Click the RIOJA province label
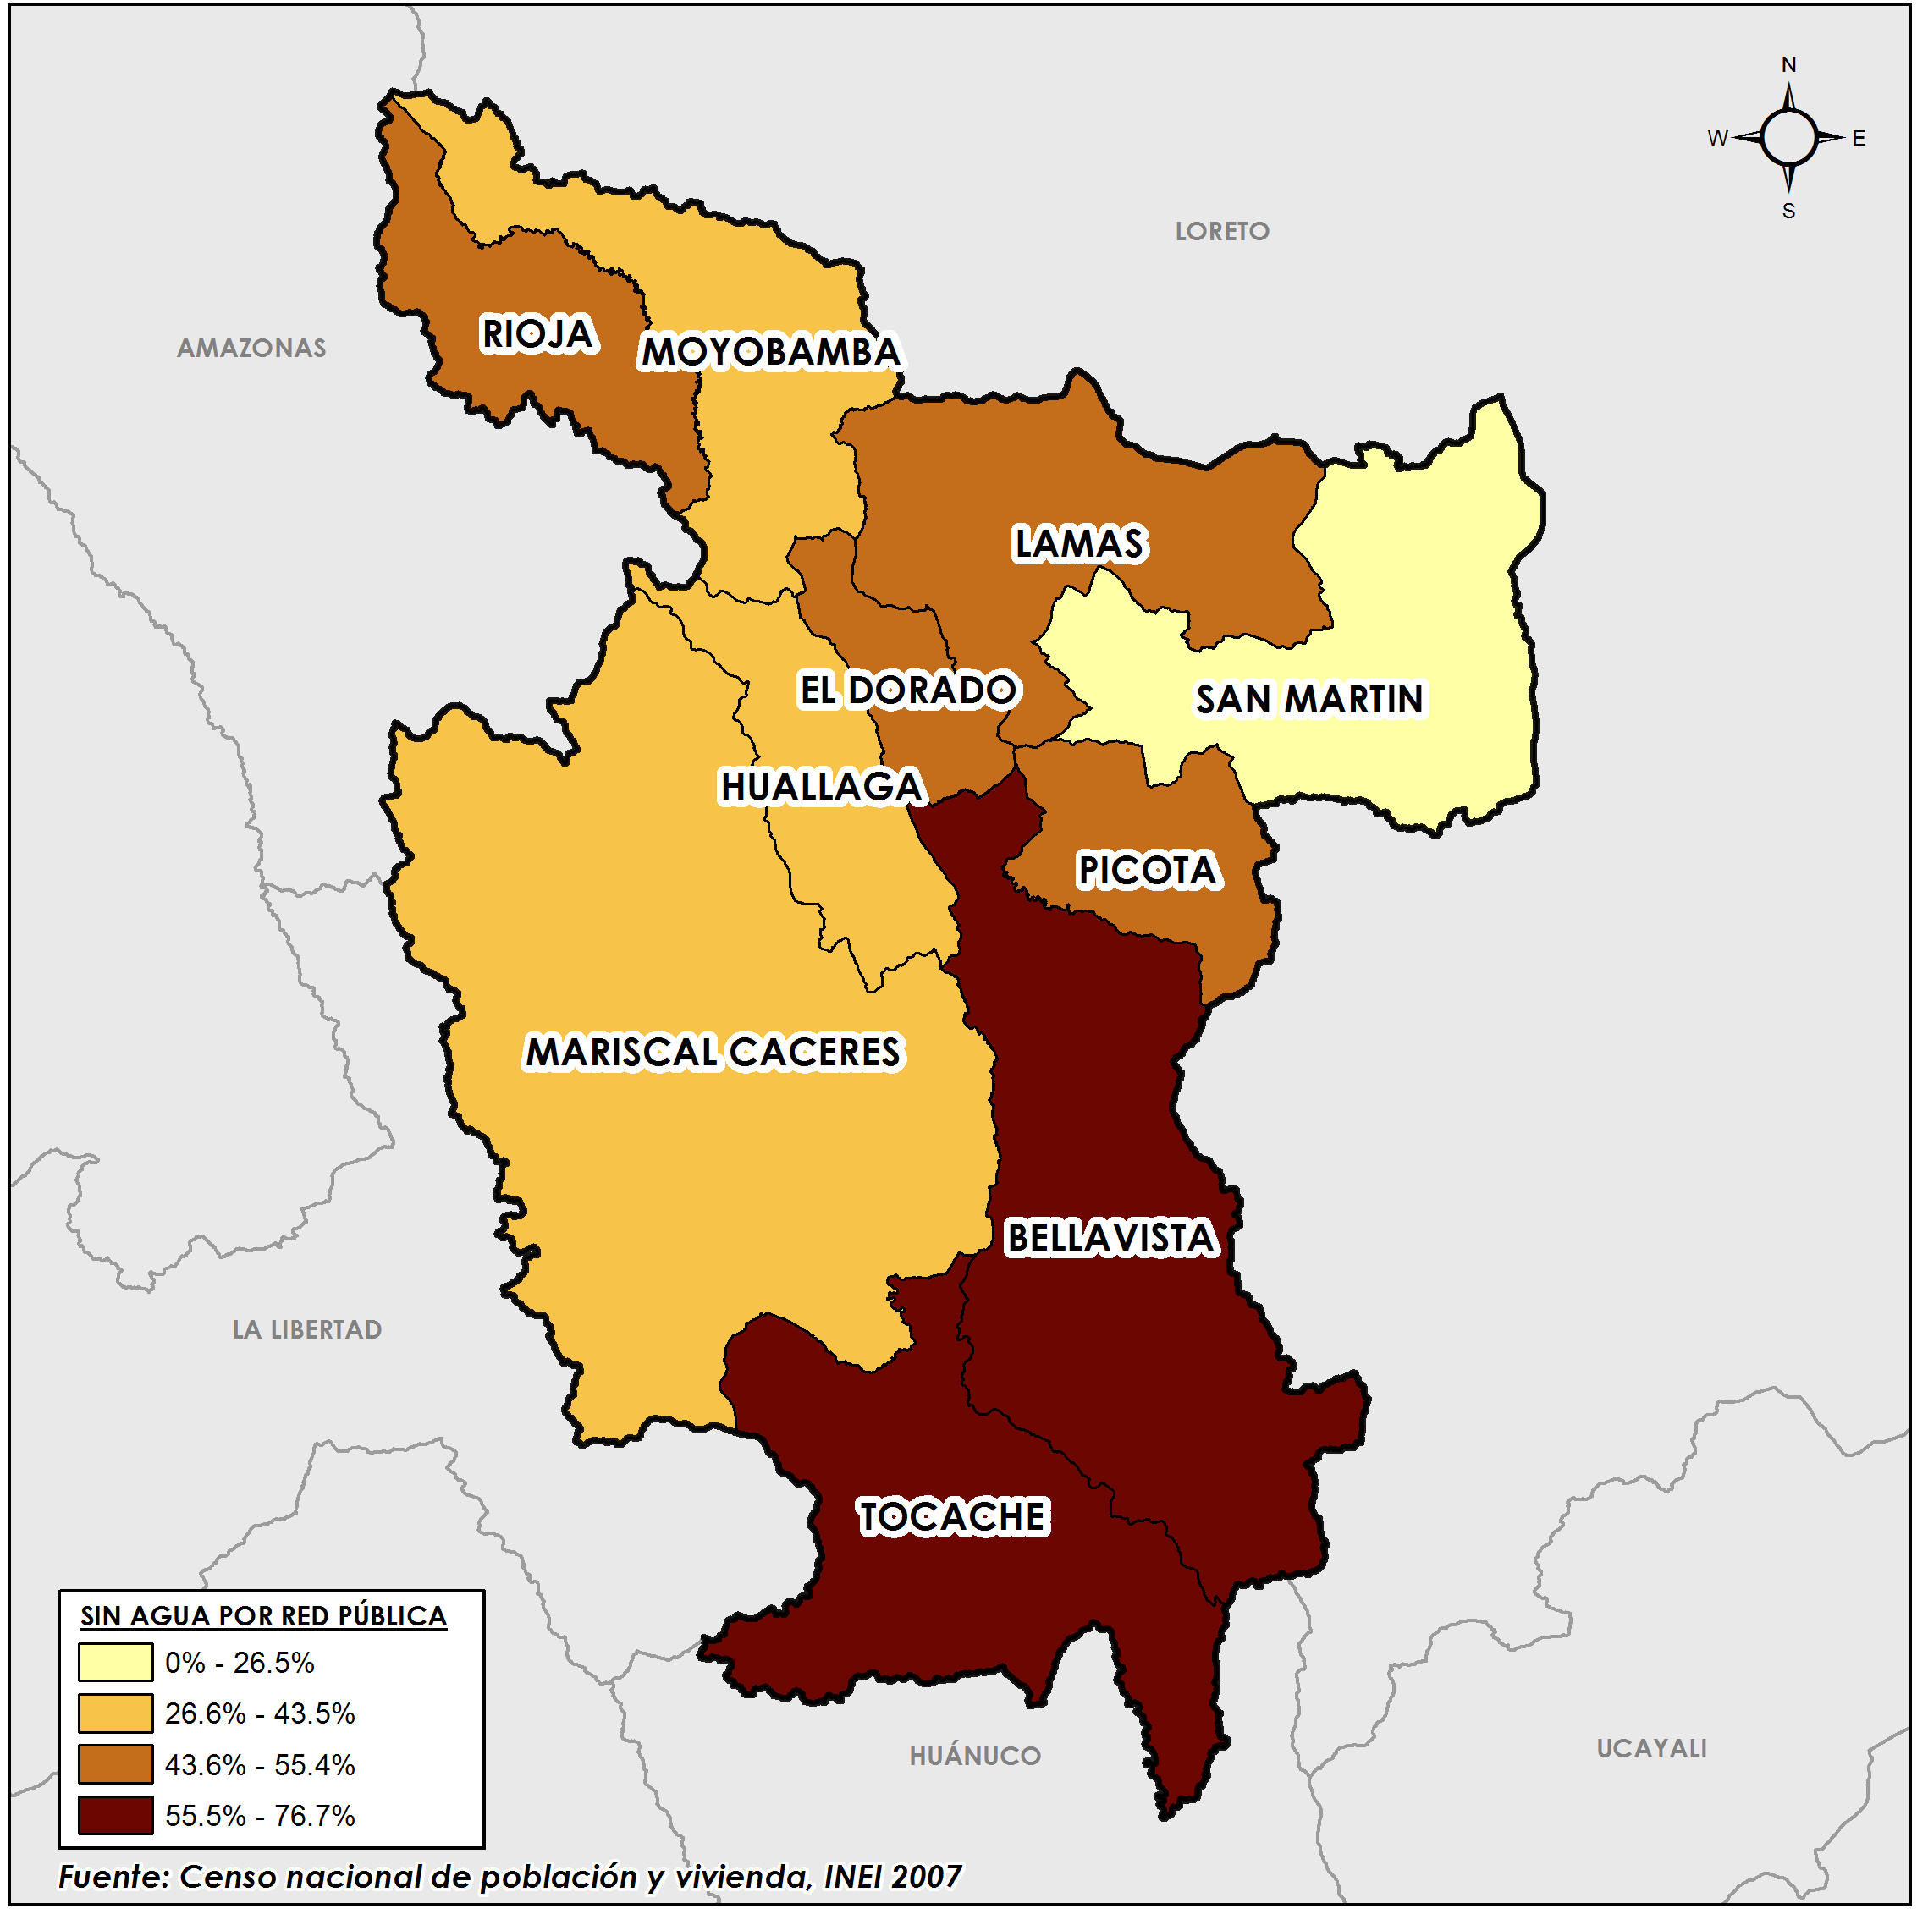537,333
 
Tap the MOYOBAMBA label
770,351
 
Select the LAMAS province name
1078,544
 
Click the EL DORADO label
907,690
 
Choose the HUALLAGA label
822,787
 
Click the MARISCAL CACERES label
713,1053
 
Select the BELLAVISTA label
1110,1238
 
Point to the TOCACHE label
952,1518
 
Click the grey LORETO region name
1222,231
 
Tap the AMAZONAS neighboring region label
251,349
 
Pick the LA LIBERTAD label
306,1330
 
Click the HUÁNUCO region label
975,1757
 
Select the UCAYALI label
1652,1749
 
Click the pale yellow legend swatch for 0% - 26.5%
115,1662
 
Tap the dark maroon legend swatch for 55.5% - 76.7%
115,1816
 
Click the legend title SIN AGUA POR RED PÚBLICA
263,1616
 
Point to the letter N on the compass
1789,64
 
